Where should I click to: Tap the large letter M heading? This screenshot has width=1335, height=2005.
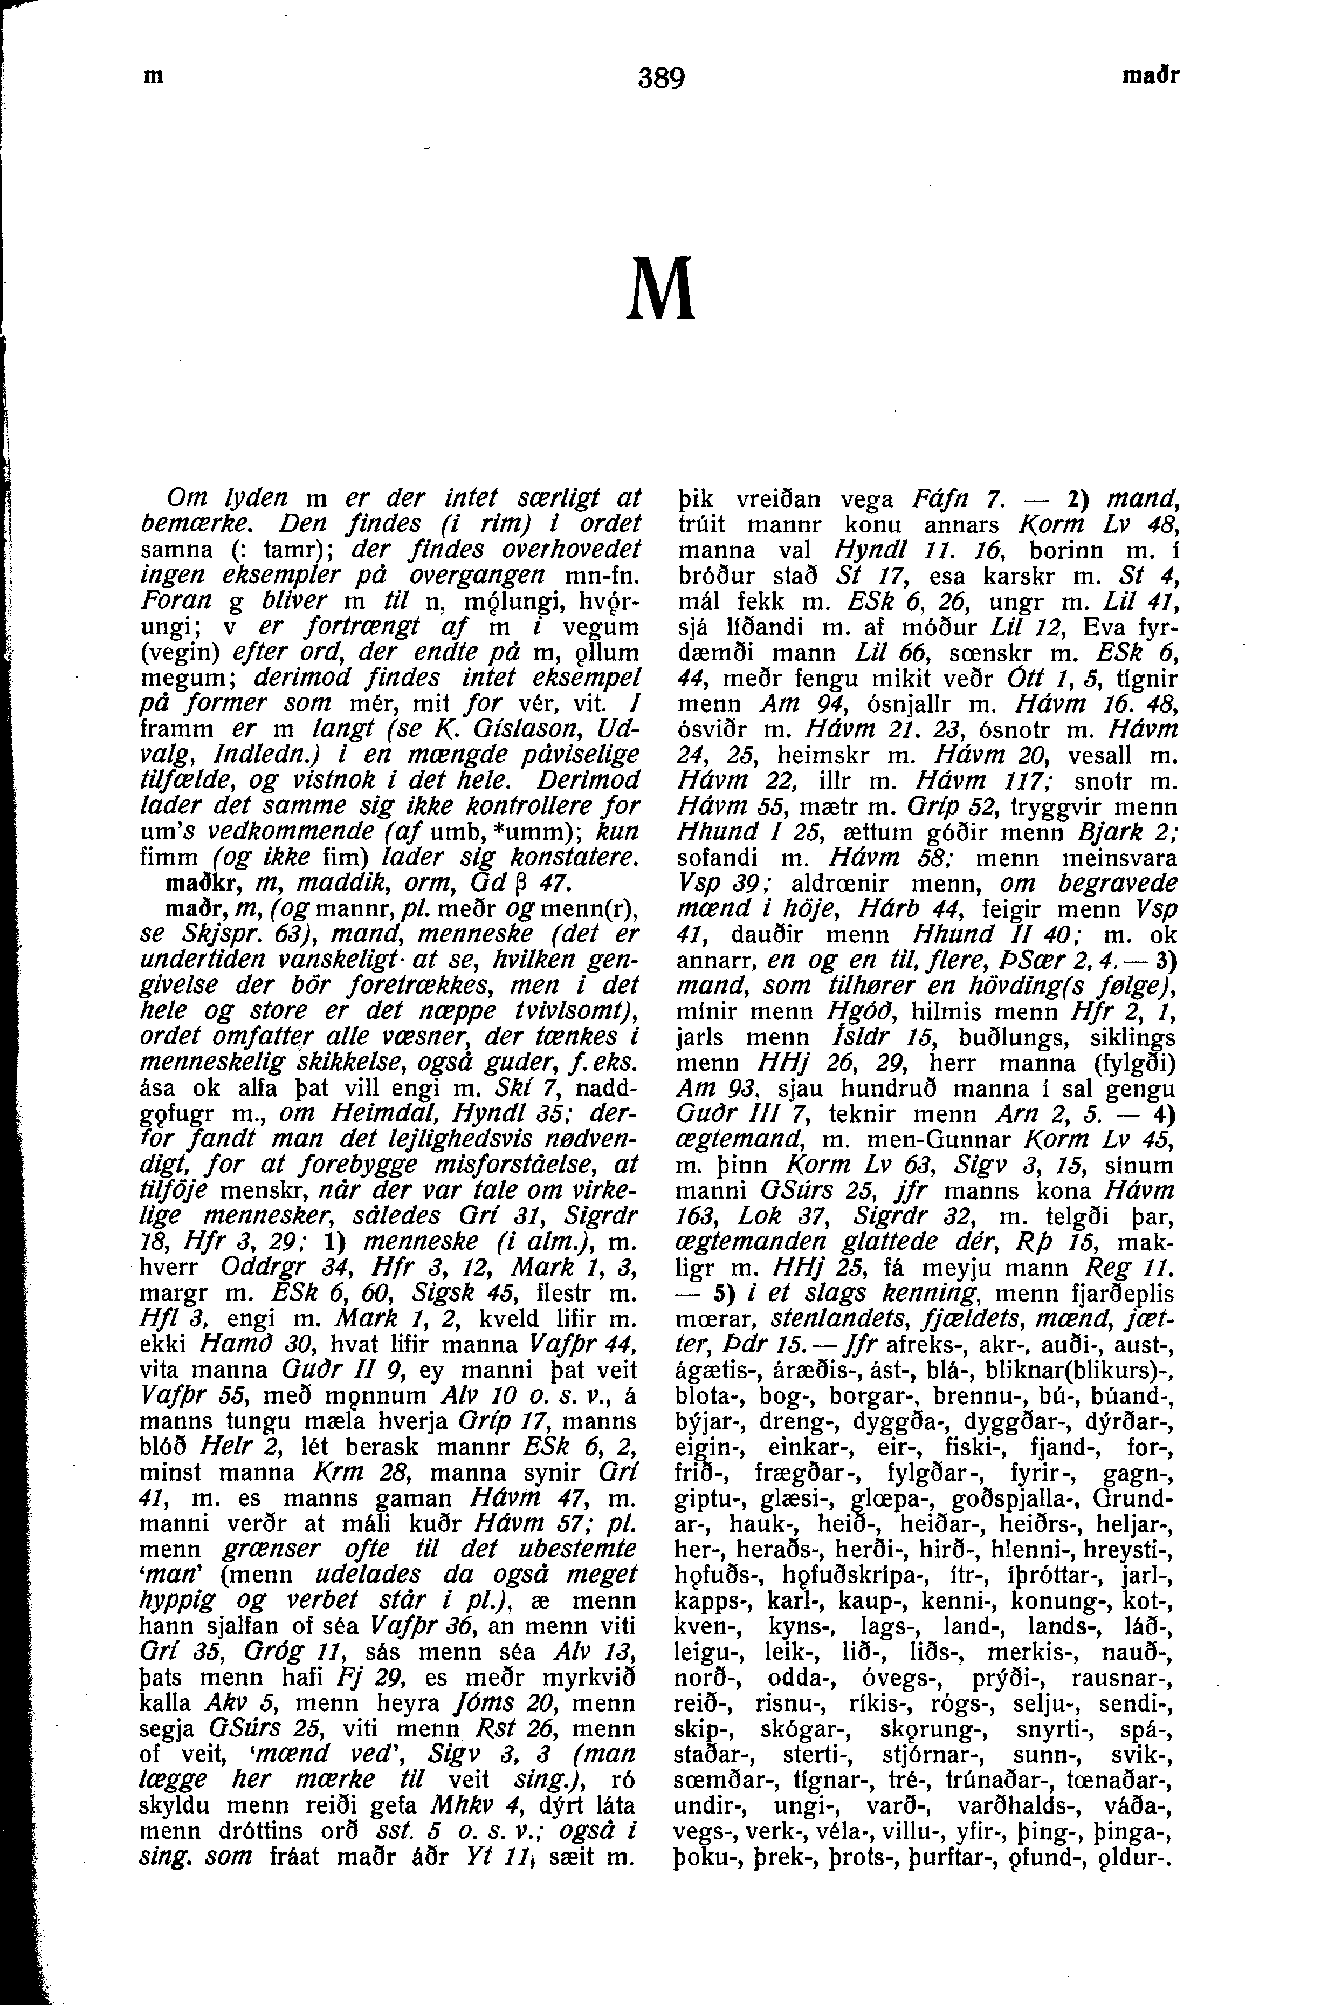(x=660, y=290)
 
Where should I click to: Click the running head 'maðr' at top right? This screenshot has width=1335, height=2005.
(x=1151, y=76)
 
